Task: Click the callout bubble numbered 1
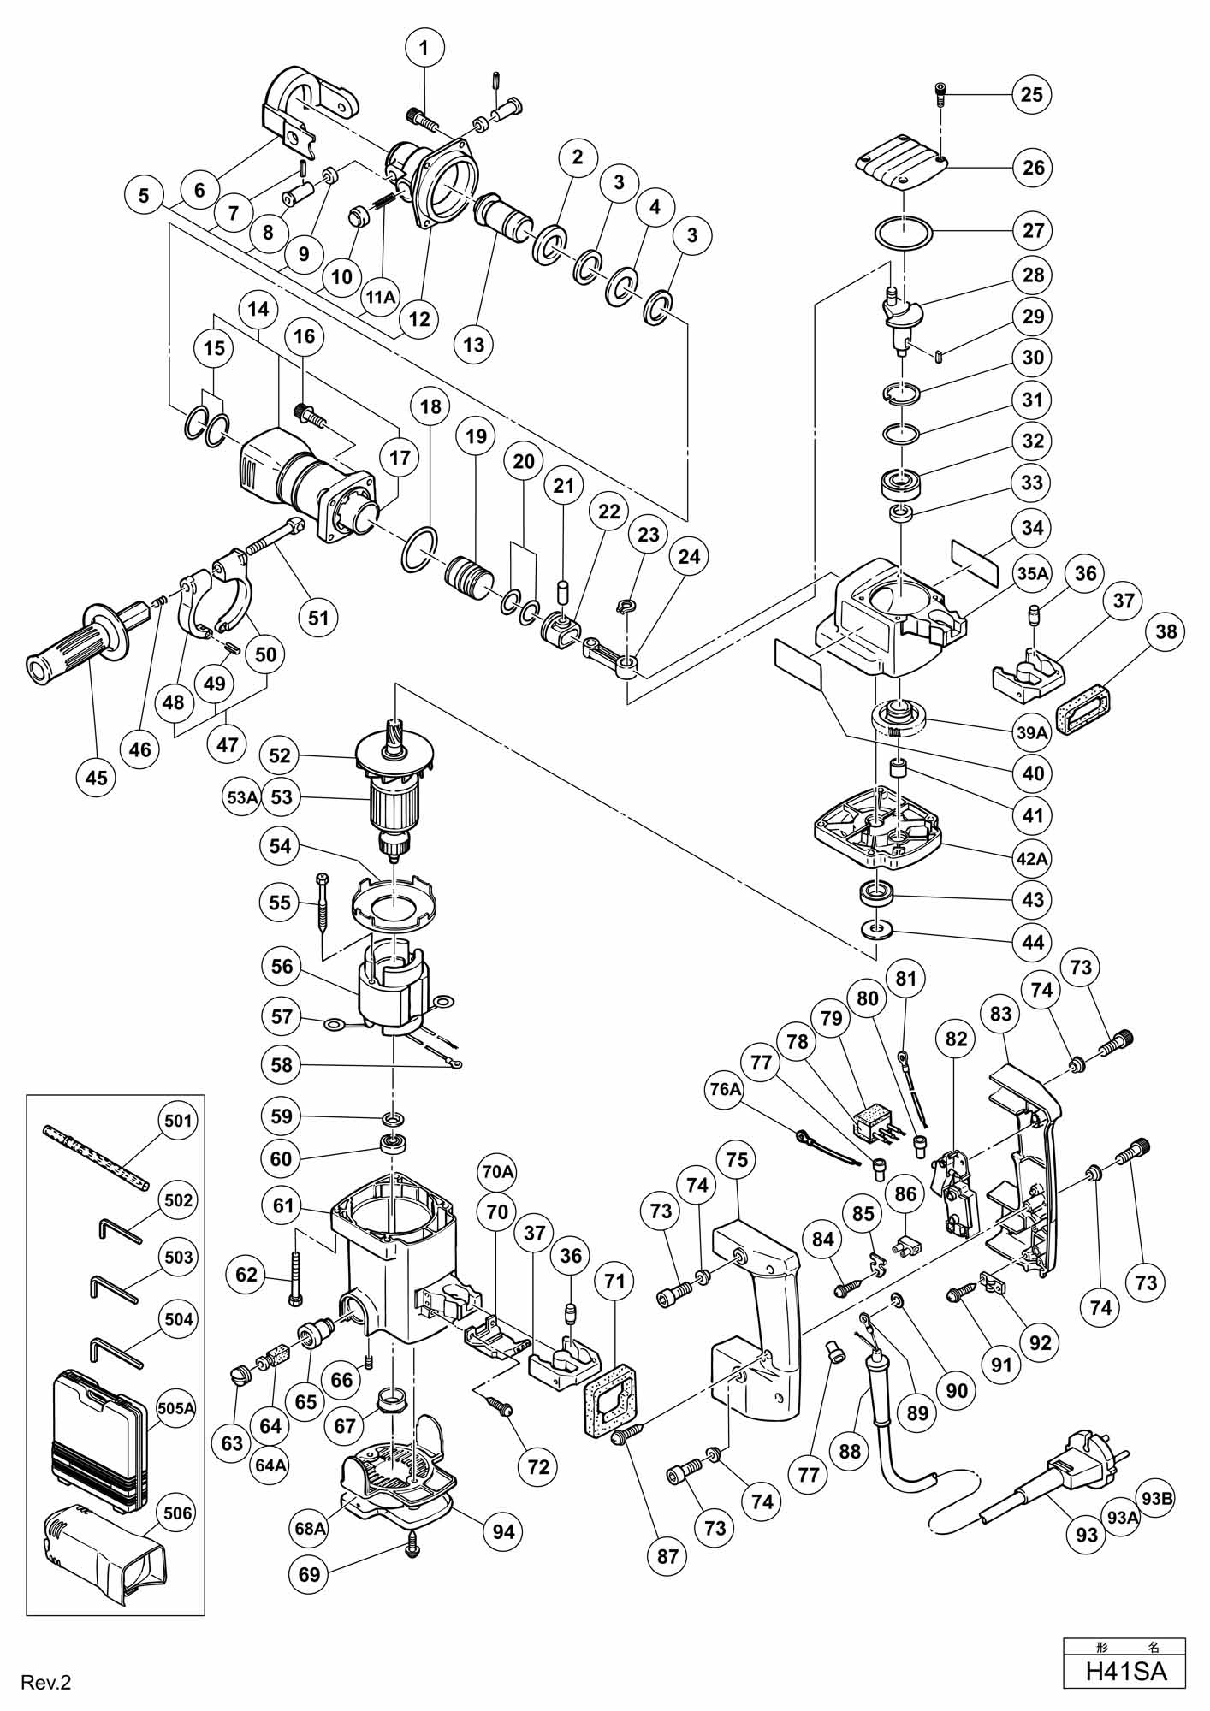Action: coord(424,48)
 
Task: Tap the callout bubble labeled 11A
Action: coord(381,296)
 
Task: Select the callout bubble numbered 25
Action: coord(1032,93)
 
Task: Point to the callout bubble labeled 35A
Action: coord(1032,573)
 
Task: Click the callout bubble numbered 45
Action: coord(97,777)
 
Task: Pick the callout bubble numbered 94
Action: coord(503,1530)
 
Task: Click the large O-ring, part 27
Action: coord(903,233)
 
